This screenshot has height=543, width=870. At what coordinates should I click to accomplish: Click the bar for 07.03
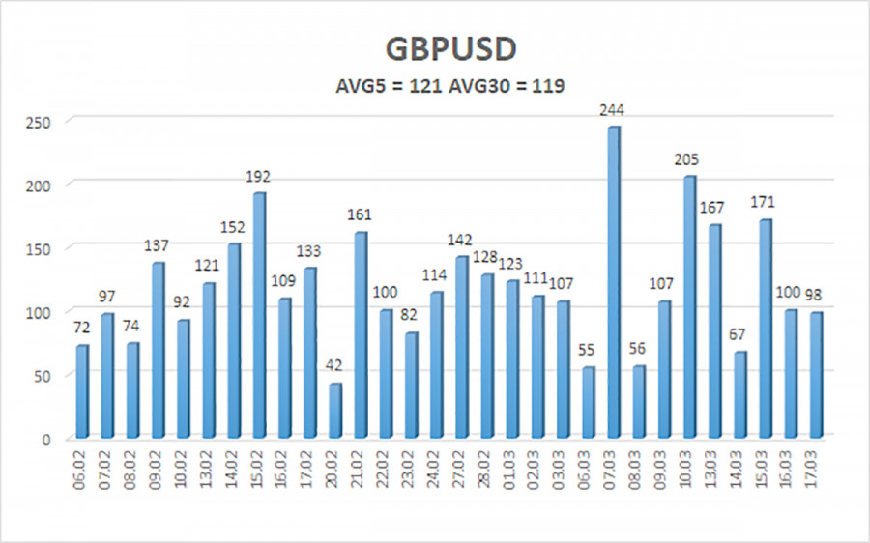click(613, 282)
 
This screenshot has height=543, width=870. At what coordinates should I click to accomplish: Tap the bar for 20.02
click(334, 411)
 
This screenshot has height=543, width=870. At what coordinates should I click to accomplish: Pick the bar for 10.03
click(688, 307)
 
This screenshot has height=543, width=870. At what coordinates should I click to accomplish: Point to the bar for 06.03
click(587, 403)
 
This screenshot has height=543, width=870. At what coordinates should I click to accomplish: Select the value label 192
click(258, 176)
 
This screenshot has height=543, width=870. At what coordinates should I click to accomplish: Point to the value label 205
click(688, 159)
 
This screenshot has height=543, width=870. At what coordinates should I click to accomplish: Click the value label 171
click(764, 203)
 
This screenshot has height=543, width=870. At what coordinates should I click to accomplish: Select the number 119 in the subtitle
click(546, 86)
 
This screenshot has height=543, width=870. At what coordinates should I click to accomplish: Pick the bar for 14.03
click(739, 395)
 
